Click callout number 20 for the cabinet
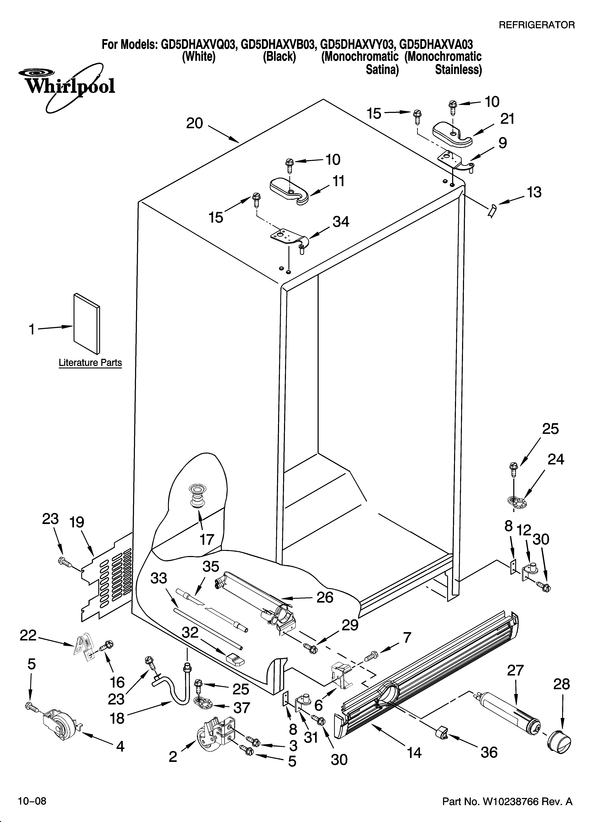click(x=195, y=124)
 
